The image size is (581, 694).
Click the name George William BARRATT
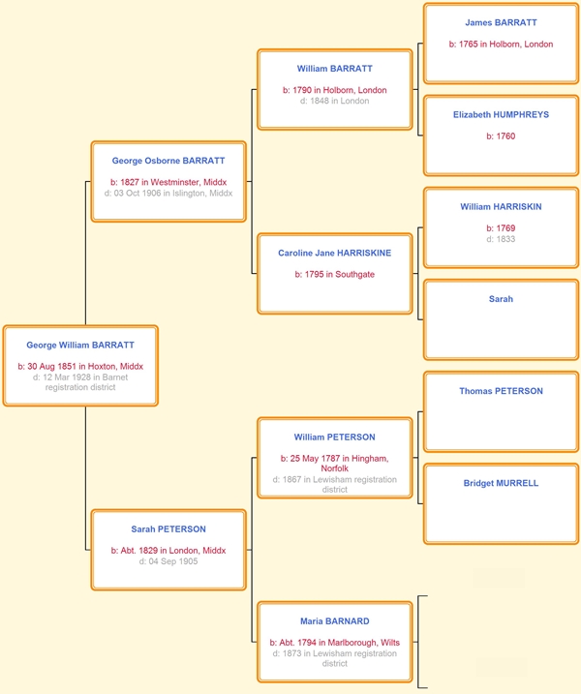click(80, 345)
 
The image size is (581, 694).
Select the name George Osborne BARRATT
click(168, 161)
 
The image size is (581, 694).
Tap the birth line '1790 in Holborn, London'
click(340, 90)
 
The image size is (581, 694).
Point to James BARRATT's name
click(501, 22)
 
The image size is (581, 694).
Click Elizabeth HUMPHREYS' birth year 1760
click(505, 136)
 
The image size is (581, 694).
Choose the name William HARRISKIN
click(501, 207)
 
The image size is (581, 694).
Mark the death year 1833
click(505, 239)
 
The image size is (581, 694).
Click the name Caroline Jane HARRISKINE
click(335, 253)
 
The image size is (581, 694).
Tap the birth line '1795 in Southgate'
click(340, 274)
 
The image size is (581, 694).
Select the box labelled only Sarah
click(501, 319)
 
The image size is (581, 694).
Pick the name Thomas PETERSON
click(501, 391)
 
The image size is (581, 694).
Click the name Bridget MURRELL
click(501, 483)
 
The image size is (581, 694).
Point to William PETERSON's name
click(335, 437)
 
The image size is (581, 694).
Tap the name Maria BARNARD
click(335, 621)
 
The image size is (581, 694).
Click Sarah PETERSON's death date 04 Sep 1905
click(173, 561)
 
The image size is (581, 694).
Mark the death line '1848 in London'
click(340, 101)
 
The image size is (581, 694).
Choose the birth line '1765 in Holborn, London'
click(505, 44)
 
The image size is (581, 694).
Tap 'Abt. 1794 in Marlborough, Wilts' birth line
click(340, 642)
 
